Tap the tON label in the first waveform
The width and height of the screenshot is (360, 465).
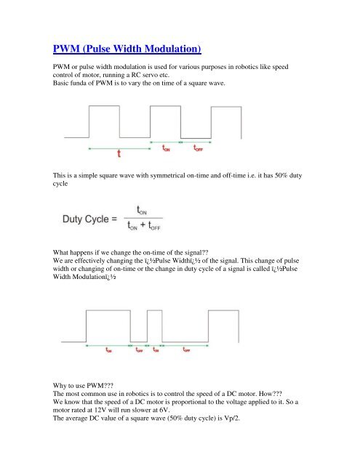[x=167, y=148]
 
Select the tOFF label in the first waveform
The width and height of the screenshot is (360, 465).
[x=199, y=148]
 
